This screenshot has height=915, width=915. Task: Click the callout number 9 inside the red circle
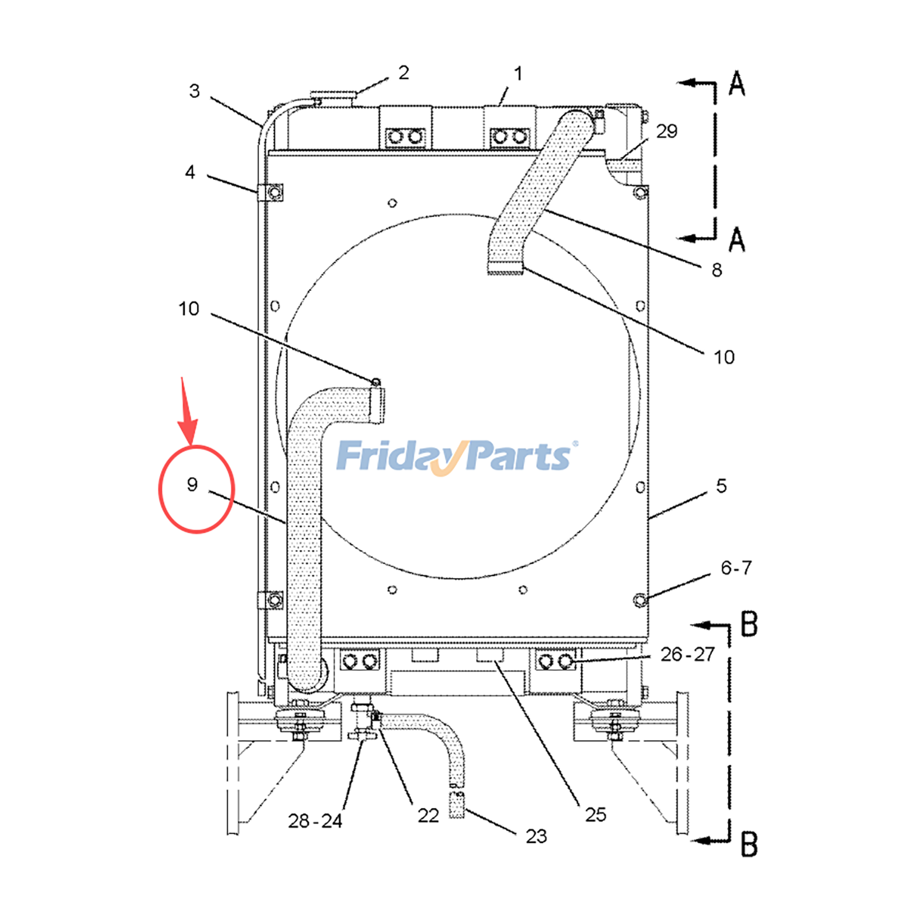(x=192, y=485)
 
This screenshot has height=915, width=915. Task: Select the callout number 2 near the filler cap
(x=404, y=73)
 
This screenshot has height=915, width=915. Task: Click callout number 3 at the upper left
(x=194, y=91)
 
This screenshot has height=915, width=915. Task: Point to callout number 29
(x=667, y=132)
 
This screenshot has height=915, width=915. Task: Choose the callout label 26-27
(x=687, y=654)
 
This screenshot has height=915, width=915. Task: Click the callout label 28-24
(x=315, y=821)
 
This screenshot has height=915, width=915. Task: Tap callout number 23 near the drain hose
(x=536, y=837)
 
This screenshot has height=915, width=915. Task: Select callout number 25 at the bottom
(x=595, y=815)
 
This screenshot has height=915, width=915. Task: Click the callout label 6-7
(x=736, y=568)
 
